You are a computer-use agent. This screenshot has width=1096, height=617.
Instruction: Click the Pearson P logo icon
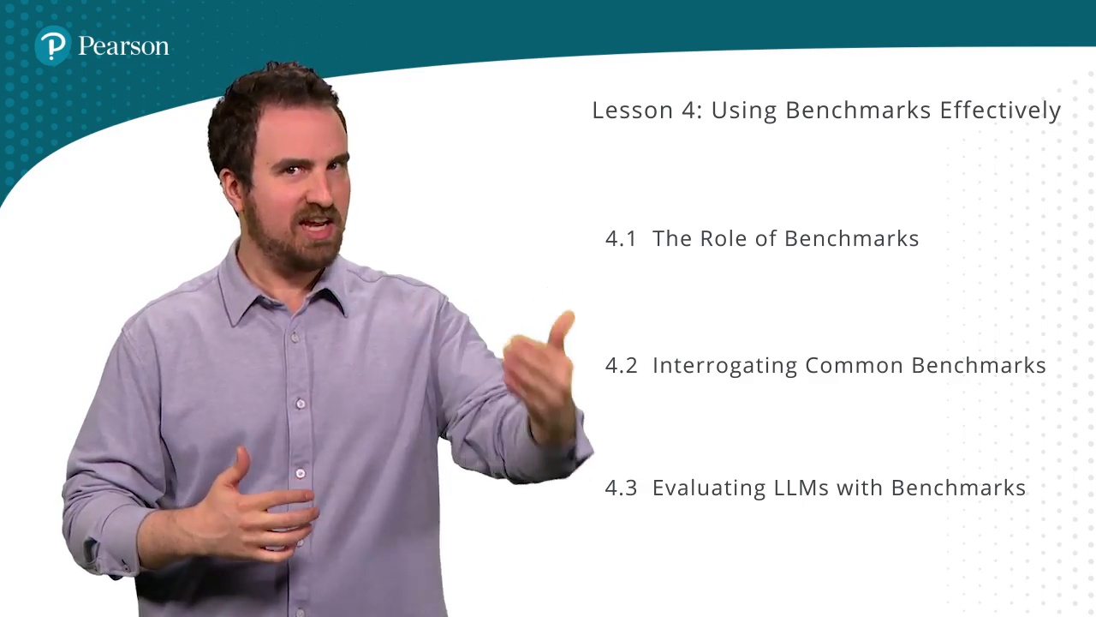click(x=53, y=46)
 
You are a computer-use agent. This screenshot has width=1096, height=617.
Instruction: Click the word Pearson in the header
click(x=123, y=46)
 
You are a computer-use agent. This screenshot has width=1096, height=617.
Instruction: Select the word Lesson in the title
click(x=633, y=111)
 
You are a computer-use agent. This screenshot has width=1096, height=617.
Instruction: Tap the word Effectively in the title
click(x=1000, y=111)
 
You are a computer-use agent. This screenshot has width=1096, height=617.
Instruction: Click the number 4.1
click(x=621, y=239)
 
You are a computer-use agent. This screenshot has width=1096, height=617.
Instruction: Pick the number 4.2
click(x=622, y=366)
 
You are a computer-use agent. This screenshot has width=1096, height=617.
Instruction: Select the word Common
click(x=854, y=366)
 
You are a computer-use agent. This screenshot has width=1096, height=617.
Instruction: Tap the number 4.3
click(x=622, y=488)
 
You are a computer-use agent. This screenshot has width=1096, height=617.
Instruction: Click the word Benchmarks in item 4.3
click(x=958, y=488)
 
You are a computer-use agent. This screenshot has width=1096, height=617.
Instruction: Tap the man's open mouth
click(x=318, y=225)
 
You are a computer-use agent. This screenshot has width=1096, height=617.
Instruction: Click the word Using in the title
click(x=744, y=111)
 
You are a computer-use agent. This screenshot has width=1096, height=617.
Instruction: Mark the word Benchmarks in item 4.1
click(x=852, y=238)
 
